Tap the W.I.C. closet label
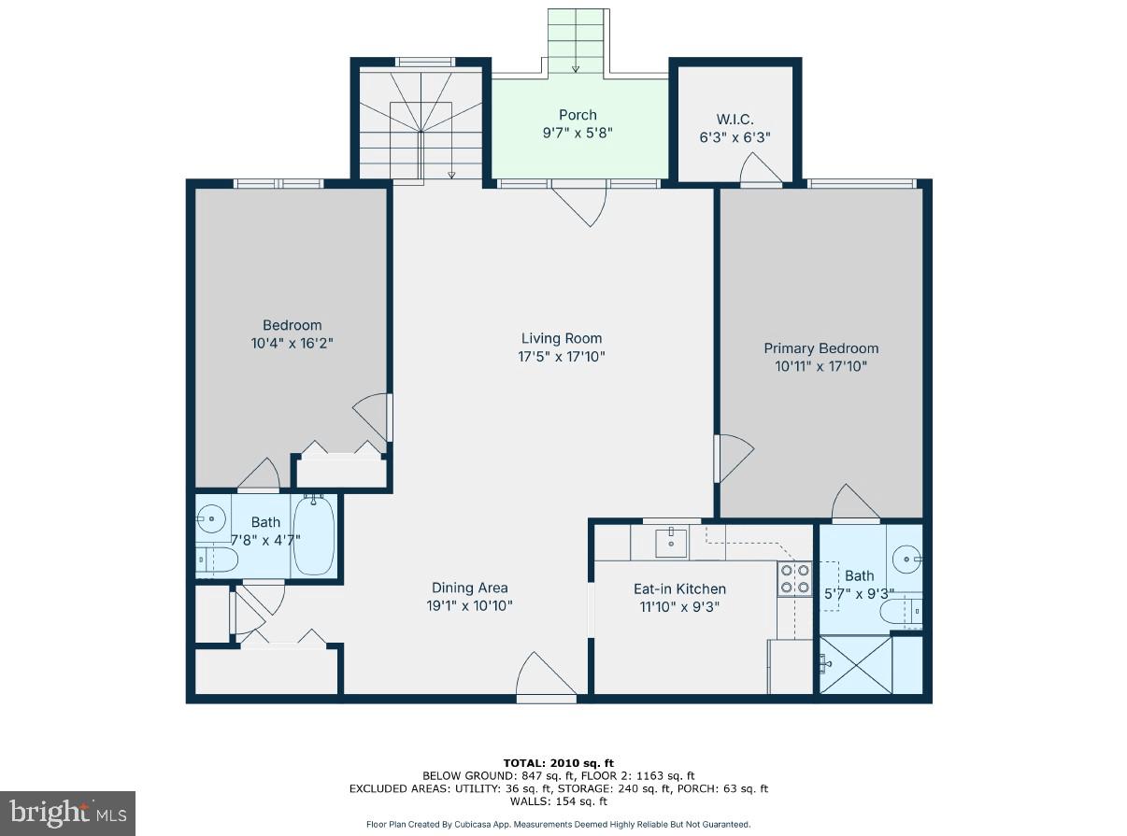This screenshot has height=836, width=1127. (x=735, y=119)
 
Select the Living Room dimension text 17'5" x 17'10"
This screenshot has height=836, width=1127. (x=561, y=356)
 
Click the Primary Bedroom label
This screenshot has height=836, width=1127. (x=820, y=348)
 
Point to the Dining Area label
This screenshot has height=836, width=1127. (x=469, y=588)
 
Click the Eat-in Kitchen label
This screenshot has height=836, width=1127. (x=679, y=588)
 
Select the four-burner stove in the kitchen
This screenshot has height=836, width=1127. (x=794, y=579)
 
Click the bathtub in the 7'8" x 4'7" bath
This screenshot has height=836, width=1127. (x=313, y=537)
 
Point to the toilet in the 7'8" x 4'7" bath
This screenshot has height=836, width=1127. (x=216, y=560)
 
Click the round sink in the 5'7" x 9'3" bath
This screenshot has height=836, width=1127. (x=906, y=560)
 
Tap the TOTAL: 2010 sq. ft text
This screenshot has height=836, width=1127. (x=558, y=763)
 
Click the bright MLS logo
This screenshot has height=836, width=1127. (x=67, y=813)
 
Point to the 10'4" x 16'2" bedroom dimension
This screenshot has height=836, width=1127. (x=292, y=343)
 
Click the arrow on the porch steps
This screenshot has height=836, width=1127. (x=576, y=65)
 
